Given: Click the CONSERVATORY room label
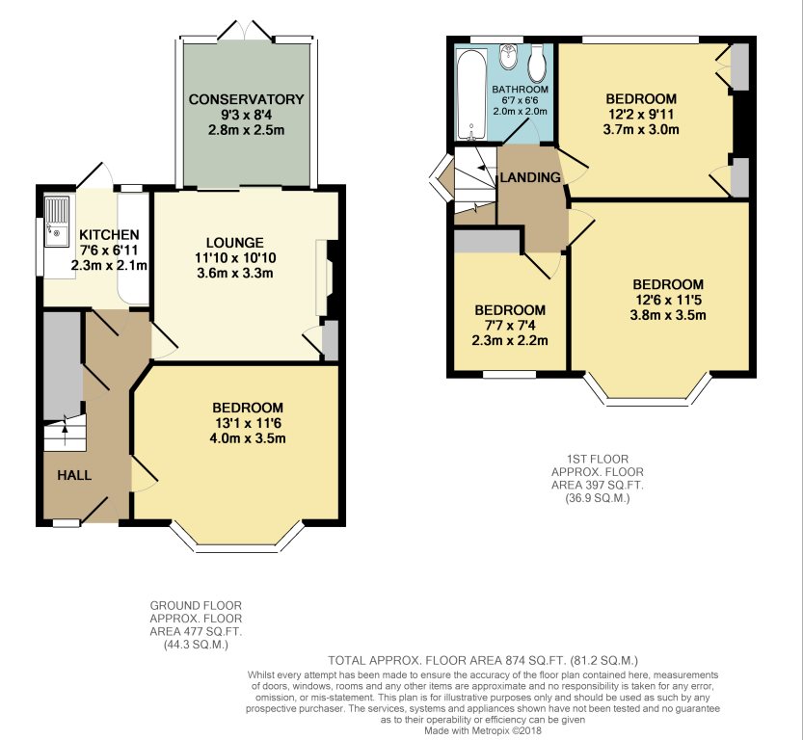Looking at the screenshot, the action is click(x=247, y=99).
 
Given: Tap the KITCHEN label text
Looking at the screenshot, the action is click(x=109, y=235).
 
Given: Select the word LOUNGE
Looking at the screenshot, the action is click(x=235, y=243).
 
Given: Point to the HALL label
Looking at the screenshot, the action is click(x=74, y=475).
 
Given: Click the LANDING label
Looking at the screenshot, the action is click(x=530, y=177).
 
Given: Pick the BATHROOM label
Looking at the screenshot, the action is click(x=521, y=90).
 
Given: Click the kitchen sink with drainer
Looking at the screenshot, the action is click(x=56, y=222).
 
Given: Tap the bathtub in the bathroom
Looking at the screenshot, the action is click(x=472, y=94).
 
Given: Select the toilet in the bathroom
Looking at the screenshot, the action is click(x=537, y=64).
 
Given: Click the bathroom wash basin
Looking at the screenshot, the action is click(x=508, y=57).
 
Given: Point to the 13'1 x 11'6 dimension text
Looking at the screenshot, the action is click(x=248, y=423).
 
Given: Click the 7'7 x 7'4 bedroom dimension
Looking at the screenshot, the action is click(x=510, y=326).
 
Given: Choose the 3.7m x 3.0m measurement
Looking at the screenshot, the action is click(x=641, y=129).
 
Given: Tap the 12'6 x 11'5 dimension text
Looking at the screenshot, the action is click(x=668, y=300).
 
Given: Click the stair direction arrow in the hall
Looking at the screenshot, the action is click(x=65, y=423).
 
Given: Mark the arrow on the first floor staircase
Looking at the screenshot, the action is click(x=483, y=163).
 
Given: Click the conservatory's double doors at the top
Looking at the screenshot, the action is click(x=244, y=30).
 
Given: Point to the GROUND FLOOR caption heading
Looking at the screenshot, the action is click(x=196, y=606).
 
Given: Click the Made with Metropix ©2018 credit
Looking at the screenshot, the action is click(x=482, y=730).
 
